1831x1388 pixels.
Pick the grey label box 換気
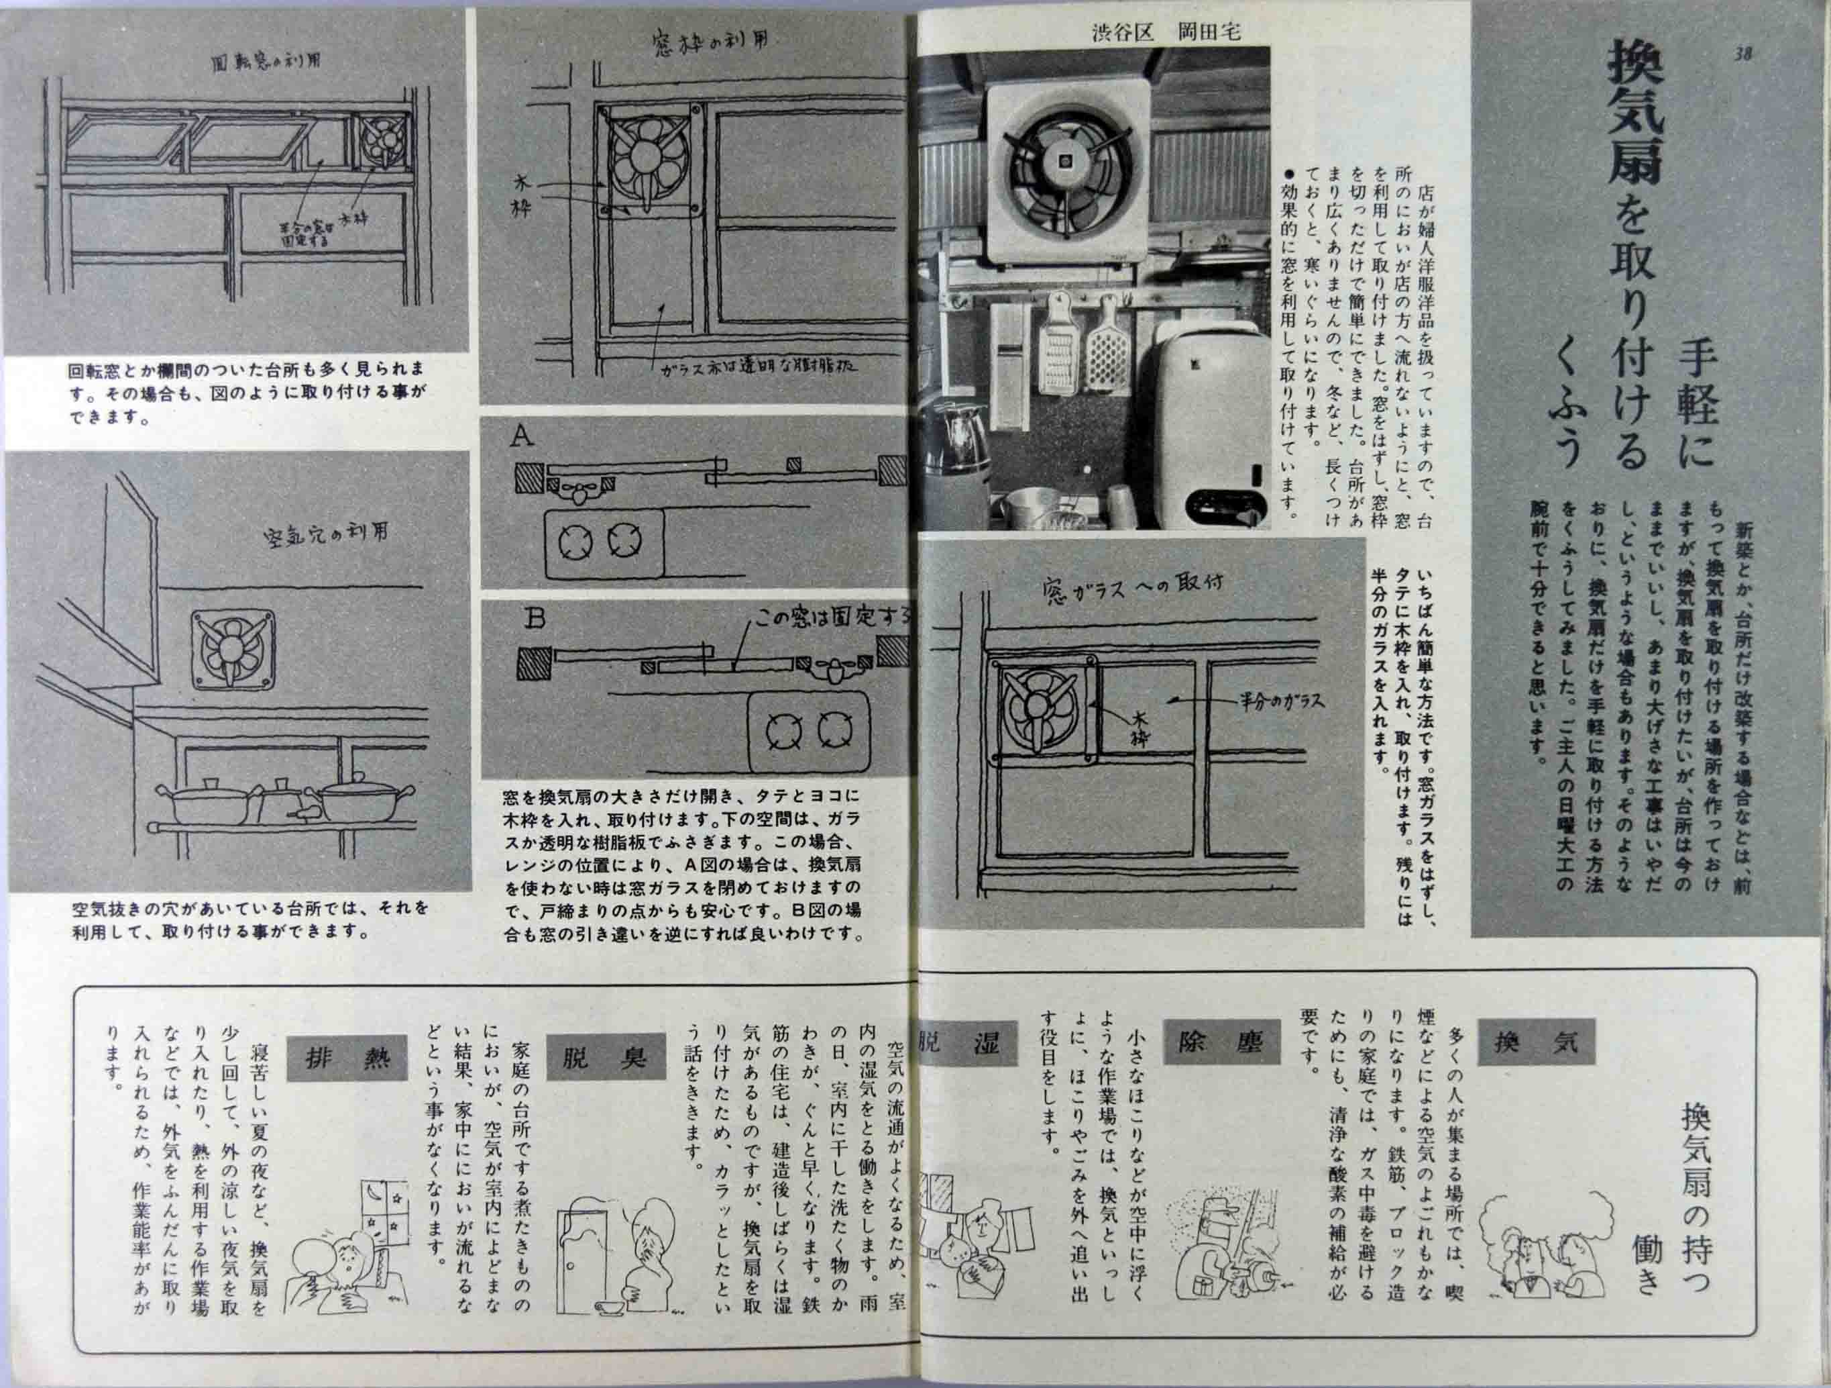[x=1535, y=1042]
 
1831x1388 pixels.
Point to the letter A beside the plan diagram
[x=522, y=436]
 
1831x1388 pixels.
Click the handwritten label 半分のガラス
[x=1280, y=701]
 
